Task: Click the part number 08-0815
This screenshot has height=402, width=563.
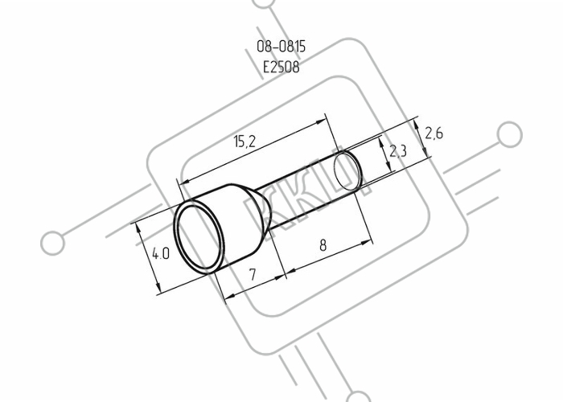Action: point(281,47)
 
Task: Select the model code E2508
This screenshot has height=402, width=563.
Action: point(281,67)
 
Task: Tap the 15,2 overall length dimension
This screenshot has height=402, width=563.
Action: point(245,142)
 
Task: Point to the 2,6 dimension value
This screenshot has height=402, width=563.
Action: point(434,133)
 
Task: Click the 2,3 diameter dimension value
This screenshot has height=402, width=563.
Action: point(398,151)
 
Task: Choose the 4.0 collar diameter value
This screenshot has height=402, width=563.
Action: point(161,254)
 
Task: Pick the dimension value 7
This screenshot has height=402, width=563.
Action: point(253,274)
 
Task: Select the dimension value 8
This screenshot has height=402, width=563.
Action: point(323,245)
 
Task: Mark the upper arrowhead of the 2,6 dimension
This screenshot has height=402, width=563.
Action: point(416,125)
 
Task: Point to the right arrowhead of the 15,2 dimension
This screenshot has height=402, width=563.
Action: point(320,122)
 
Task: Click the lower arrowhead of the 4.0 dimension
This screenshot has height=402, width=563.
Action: point(157,287)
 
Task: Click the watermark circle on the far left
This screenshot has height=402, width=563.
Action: point(53,243)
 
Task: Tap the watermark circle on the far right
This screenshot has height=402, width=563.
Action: point(509,134)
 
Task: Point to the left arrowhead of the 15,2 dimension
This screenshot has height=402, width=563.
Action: point(185,183)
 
